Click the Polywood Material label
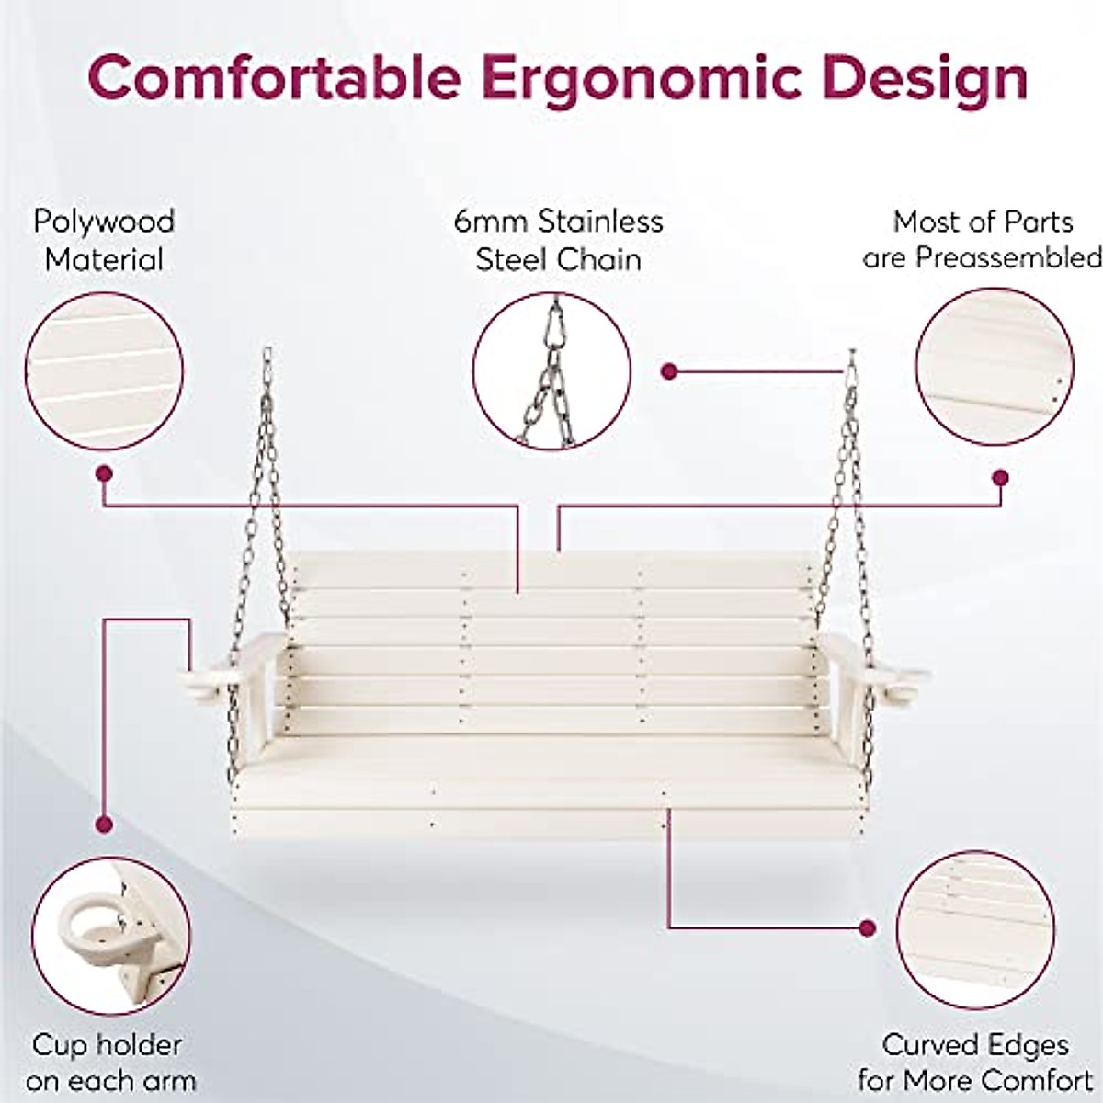(103, 240)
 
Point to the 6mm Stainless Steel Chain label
(558, 240)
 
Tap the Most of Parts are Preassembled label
(982, 240)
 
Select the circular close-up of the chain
(551, 371)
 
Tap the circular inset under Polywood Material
(104, 371)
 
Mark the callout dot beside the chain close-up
(669, 371)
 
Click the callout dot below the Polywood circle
(104, 474)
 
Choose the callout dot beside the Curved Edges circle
(865, 927)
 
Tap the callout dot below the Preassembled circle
(1001, 478)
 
